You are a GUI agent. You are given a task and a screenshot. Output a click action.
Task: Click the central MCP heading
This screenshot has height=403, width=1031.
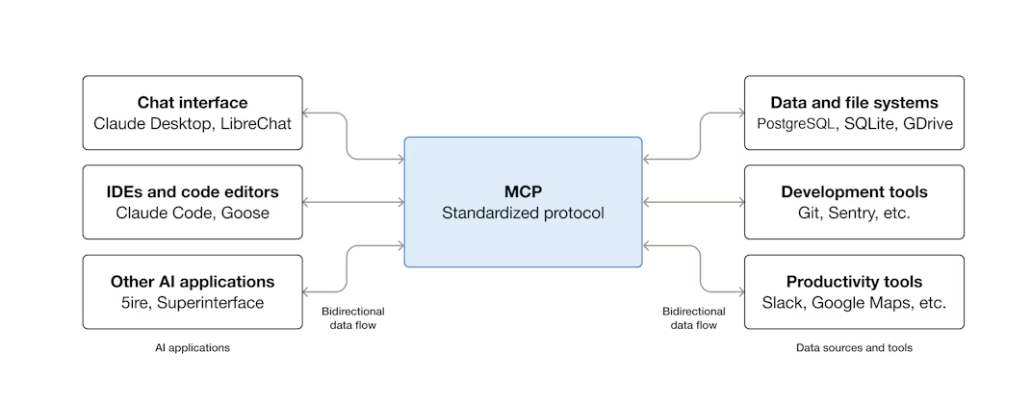(x=523, y=190)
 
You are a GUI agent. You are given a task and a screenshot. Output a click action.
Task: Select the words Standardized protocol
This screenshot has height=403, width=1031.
(x=523, y=213)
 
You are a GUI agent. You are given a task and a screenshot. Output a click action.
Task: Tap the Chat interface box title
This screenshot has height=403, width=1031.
(x=193, y=102)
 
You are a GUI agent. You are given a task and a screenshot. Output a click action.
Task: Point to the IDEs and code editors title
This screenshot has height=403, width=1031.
(x=193, y=192)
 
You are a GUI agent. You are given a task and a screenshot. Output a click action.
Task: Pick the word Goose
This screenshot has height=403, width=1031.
(x=248, y=213)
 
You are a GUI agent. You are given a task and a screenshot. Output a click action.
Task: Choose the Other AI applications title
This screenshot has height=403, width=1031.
(x=193, y=282)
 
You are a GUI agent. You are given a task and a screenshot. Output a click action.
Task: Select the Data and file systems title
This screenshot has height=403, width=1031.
(x=854, y=102)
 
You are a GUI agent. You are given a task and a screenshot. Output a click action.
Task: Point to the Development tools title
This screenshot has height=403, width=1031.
(x=854, y=192)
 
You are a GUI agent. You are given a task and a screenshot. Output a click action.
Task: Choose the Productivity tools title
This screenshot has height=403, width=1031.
(x=854, y=282)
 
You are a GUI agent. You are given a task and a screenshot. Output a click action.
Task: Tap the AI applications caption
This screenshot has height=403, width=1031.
(x=193, y=348)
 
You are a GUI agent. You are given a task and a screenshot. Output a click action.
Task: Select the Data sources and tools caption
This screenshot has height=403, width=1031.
(x=854, y=348)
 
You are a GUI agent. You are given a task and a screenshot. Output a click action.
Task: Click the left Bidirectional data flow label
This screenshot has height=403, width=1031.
(x=352, y=318)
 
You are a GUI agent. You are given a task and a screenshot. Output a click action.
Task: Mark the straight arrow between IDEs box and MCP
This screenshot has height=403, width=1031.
(x=353, y=202)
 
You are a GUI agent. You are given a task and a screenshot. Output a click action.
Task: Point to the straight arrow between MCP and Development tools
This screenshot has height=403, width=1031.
(x=693, y=202)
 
